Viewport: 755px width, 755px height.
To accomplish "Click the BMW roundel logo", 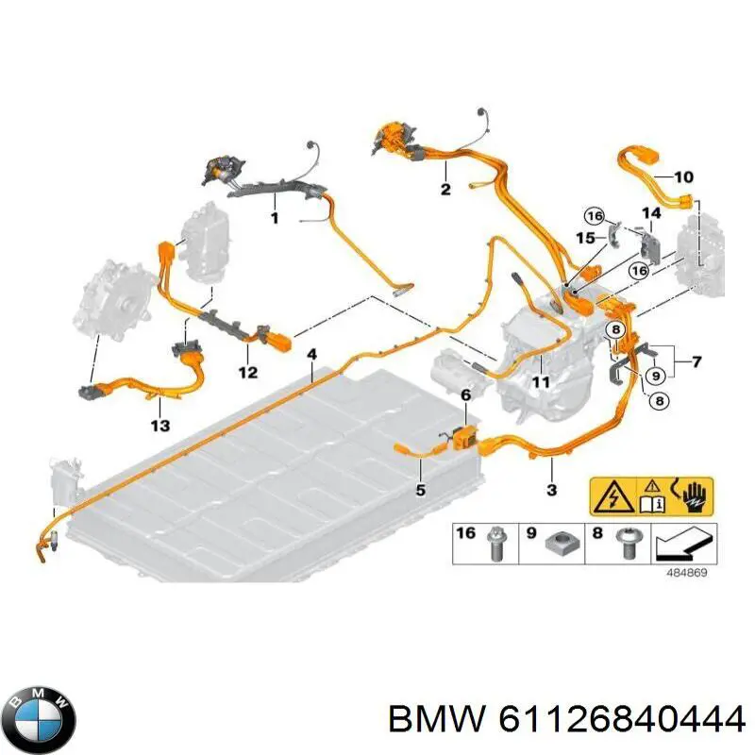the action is pos(42,721).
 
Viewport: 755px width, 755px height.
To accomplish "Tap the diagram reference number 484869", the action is pos(687,573).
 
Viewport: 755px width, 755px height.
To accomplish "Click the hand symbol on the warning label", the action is pos(693,497).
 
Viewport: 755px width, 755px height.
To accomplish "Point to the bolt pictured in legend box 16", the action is pos(495,545).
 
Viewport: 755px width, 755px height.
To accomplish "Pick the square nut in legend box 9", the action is pos(560,543).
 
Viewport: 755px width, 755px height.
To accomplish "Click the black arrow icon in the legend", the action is pos(683,544).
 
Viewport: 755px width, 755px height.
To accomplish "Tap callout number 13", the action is pos(160,426).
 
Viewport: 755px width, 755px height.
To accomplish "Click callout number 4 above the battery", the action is pos(312,355).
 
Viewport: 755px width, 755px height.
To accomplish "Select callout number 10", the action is pos(683,177).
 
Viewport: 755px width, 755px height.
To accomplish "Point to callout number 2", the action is pos(445,189).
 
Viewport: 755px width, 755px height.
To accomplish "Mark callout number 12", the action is pos(248,372).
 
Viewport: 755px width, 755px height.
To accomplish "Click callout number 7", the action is pos(696,361).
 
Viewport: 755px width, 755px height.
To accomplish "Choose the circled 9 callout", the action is pos(655,376).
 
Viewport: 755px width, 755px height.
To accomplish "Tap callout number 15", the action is pos(585,238).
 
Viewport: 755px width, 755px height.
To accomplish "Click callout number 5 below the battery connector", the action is pos(420,490).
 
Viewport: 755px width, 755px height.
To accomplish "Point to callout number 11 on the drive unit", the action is pos(540,382).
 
